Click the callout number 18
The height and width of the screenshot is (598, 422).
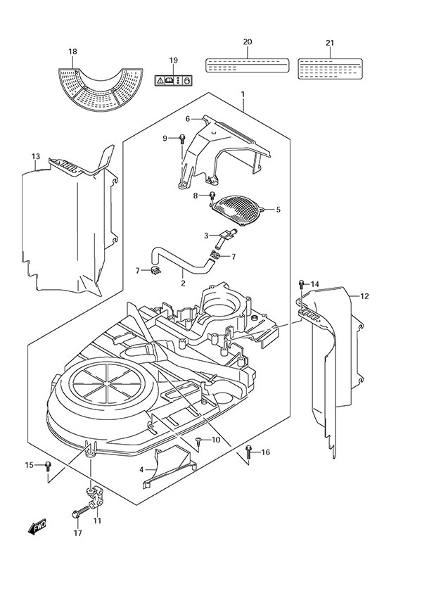pyautogui.click(x=72, y=51)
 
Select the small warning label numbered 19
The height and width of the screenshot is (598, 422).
pyautogui.click(x=173, y=80)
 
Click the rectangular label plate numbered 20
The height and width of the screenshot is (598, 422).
pyautogui.click(x=247, y=65)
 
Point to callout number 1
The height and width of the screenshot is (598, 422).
pyautogui.click(x=243, y=94)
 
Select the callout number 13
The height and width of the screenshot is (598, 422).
pyautogui.click(x=36, y=155)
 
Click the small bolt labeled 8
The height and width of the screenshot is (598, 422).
pyautogui.click(x=210, y=194)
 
